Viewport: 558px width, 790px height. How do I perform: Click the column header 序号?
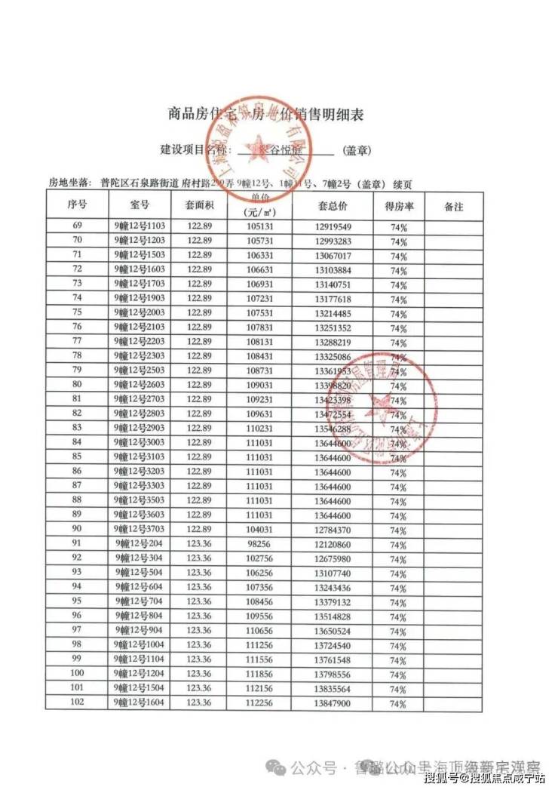[77, 204]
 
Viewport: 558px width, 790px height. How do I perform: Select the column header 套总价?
[333, 205]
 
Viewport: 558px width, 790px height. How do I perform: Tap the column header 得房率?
[398, 205]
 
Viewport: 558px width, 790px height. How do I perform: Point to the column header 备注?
[454, 205]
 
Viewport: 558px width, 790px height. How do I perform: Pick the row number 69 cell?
[77, 226]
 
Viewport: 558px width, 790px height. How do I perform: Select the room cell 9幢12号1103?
[140, 226]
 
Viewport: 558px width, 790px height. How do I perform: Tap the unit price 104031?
[259, 530]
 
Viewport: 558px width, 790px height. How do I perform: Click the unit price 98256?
[259, 544]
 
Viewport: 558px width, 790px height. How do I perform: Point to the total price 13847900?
[333, 703]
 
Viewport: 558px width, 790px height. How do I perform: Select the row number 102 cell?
[77, 702]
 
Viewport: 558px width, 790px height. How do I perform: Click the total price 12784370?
[333, 530]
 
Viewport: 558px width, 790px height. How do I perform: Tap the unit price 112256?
[259, 703]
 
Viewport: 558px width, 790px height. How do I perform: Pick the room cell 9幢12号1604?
[140, 702]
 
